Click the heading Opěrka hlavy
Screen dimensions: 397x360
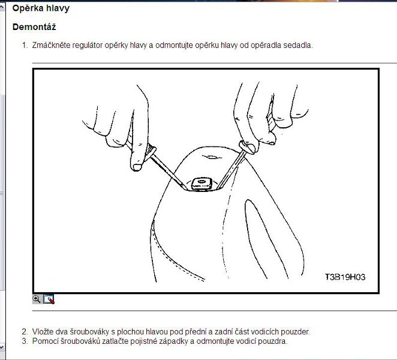[41, 8]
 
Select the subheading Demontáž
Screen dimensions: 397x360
[34, 27]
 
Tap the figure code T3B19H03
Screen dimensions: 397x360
[345, 277]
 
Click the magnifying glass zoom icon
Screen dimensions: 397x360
[37, 299]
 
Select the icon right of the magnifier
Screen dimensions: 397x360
[49, 299]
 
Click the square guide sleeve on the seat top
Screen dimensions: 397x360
[201, 184]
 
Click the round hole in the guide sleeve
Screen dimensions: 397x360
[201, 181]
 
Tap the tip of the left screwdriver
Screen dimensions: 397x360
[185, 188]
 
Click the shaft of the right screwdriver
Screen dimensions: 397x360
[230, 169]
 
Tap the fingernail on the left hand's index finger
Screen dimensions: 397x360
[137, 167]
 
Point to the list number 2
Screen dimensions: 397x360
[25, 332]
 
